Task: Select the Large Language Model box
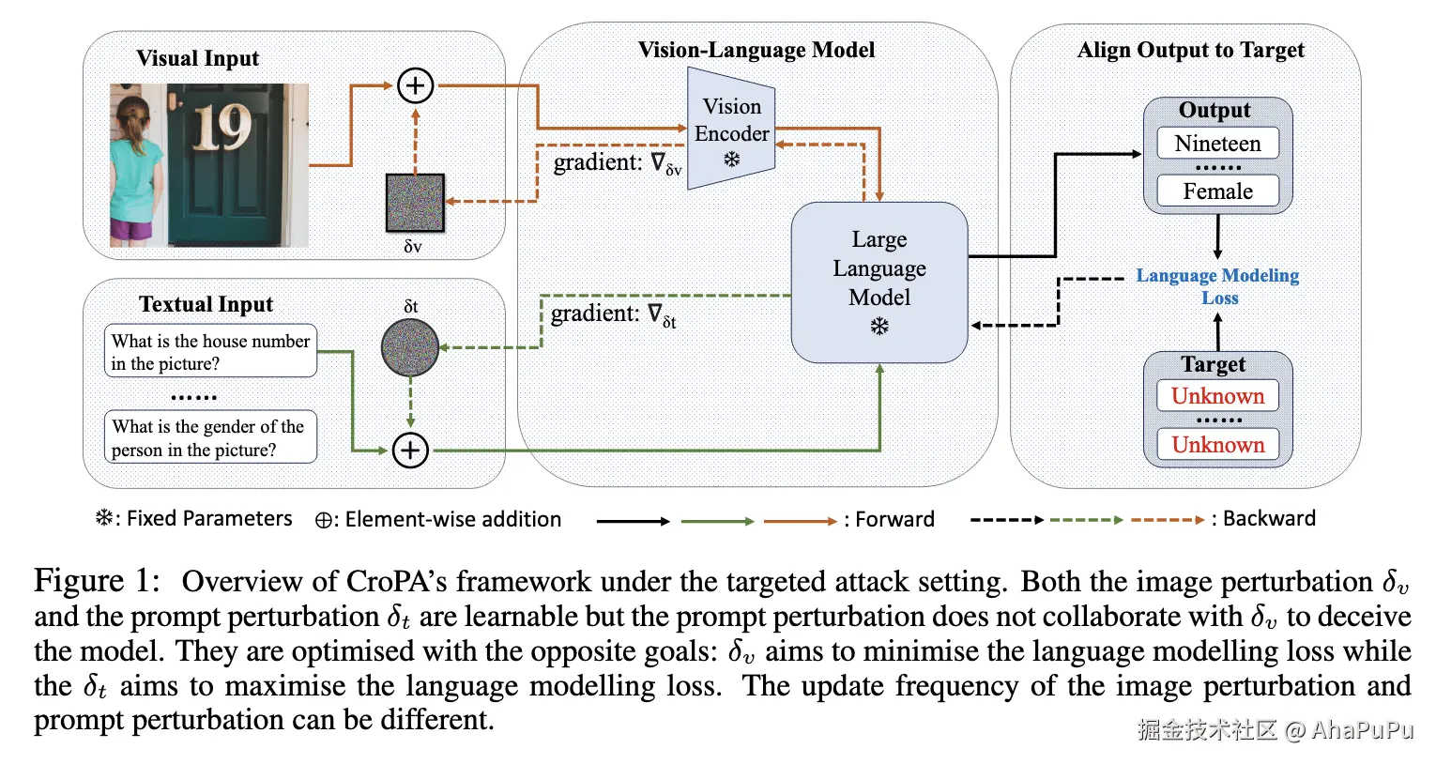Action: [x=879, y=282]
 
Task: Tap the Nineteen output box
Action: [x=1217, y=144]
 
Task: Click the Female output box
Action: [x=1217, y=191]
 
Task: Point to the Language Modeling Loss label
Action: [x=1217, y=286]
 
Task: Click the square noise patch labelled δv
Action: [x=415, y=203]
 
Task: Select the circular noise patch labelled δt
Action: [x=410, y=347]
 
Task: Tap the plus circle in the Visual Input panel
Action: [x=415, y=85]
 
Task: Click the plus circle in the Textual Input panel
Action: [x=410, y=451]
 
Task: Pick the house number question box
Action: [x=210, y=352]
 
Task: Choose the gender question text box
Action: [x=210, y=437]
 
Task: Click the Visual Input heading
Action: [x=197, y=58]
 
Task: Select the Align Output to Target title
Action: [x=1190, y=50]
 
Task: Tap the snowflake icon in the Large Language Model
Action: [x=879, y=327]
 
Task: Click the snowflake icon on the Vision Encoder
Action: [x=732, y=160]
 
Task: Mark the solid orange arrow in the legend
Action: [x=800, y=520]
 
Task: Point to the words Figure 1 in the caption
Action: [x=97, y=581]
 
